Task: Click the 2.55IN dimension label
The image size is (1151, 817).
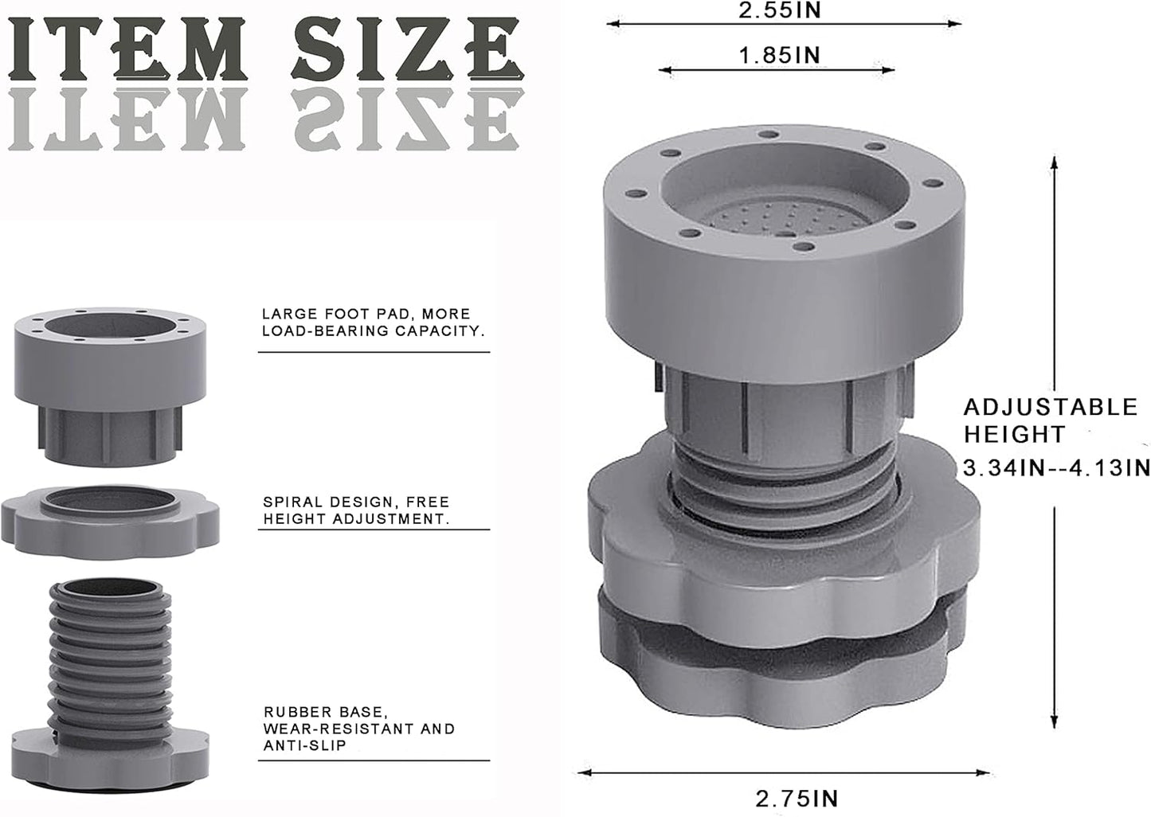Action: (x=780, y=10)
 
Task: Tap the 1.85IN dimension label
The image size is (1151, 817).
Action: (x=779, y=56)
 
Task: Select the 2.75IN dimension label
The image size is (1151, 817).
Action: (x=797, y=799)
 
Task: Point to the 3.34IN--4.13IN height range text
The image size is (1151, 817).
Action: (x=1056, y=468)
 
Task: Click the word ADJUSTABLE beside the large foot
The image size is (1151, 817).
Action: (x=1051, y=408)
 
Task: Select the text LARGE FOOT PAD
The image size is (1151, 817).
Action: (x=335, y=314)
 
